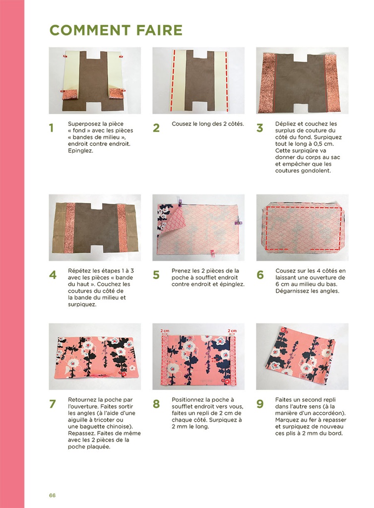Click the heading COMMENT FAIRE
click(x=116, y=30)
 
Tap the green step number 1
click(x=51, y=128)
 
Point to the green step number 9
click(x=260, y=404)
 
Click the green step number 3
click(x=260, y=128)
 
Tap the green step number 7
click(x=53, y=404)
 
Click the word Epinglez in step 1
click(x=80, y=151)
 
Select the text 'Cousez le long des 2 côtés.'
click(x=208, y=124)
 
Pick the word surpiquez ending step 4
click(x=82, y=305)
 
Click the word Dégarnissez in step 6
click(x=292, y=291)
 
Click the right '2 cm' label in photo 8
click(x=232, y=330)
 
